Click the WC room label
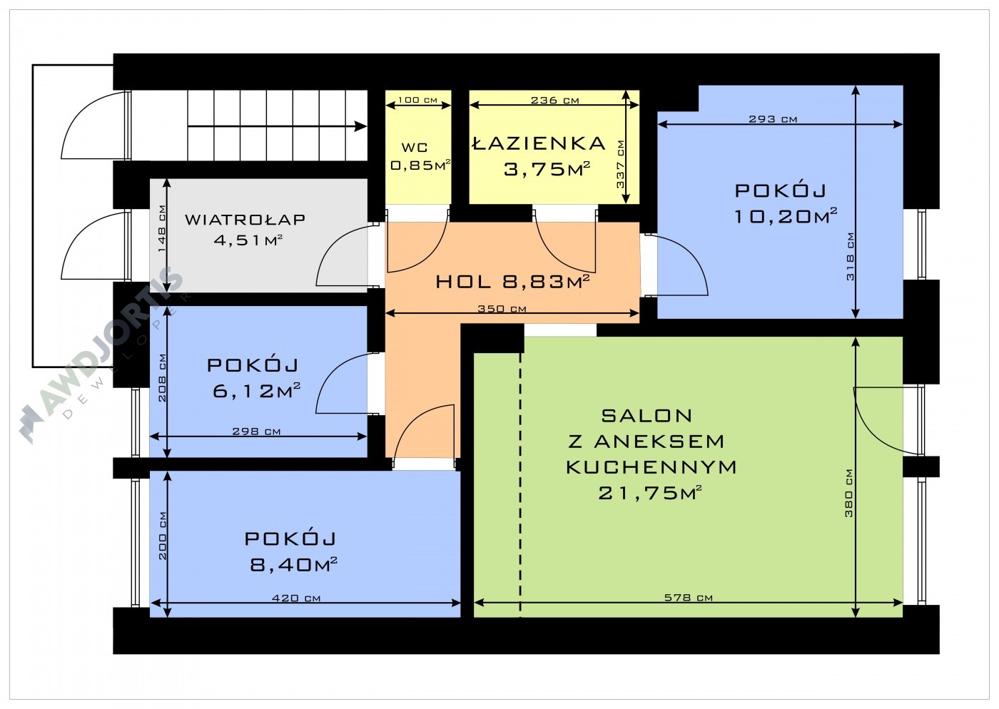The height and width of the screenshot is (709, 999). pos(415,147)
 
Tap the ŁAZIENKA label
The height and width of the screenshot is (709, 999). pos(538,143)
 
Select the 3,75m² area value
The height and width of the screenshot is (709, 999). pos(547,168)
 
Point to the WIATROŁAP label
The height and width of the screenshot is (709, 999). pos(245,219)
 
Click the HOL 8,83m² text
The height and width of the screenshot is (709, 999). pos(512,281)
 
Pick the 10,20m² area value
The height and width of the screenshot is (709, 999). pos(786,216)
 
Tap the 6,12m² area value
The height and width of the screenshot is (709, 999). pos(256,391)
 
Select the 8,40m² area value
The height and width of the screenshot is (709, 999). pos(293,564)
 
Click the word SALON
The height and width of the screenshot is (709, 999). pos(646,416)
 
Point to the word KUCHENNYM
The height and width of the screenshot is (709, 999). pos(651,467)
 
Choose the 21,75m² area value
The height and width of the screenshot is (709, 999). pos(650,493)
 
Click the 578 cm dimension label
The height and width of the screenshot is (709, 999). pos(688,597)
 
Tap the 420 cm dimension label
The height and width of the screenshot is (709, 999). pos(296,598)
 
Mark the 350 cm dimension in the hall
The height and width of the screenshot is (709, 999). pos(502,309)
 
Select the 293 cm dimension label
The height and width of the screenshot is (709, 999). pos(773,119)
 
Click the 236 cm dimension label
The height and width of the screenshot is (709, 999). pos(555,101)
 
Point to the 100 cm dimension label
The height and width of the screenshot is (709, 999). pos(417,100)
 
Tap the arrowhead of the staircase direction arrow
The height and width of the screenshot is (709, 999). pos(361,126)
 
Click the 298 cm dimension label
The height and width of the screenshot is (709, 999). pos(256,432)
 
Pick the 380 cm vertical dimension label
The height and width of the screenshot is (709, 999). pos(848,493)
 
